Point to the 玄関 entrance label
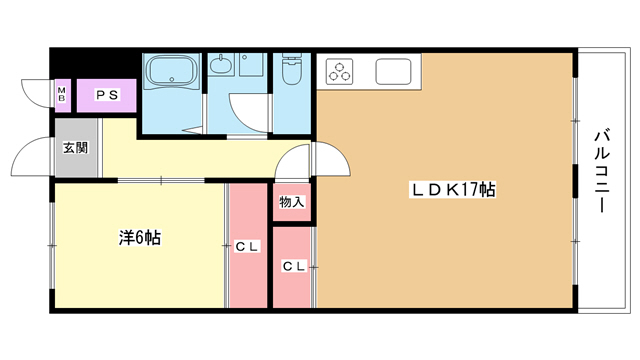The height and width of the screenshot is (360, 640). point(75,148)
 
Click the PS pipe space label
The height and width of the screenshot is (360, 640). point(107,96)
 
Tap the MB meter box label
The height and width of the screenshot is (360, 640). point(61,96)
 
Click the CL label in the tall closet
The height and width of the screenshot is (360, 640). point(247,247)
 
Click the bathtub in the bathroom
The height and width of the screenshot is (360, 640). point(172,72)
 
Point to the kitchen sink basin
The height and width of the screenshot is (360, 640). point(392,72)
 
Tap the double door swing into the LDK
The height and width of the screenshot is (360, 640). point(312,160)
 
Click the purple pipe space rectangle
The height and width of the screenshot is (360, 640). point(107,96)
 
